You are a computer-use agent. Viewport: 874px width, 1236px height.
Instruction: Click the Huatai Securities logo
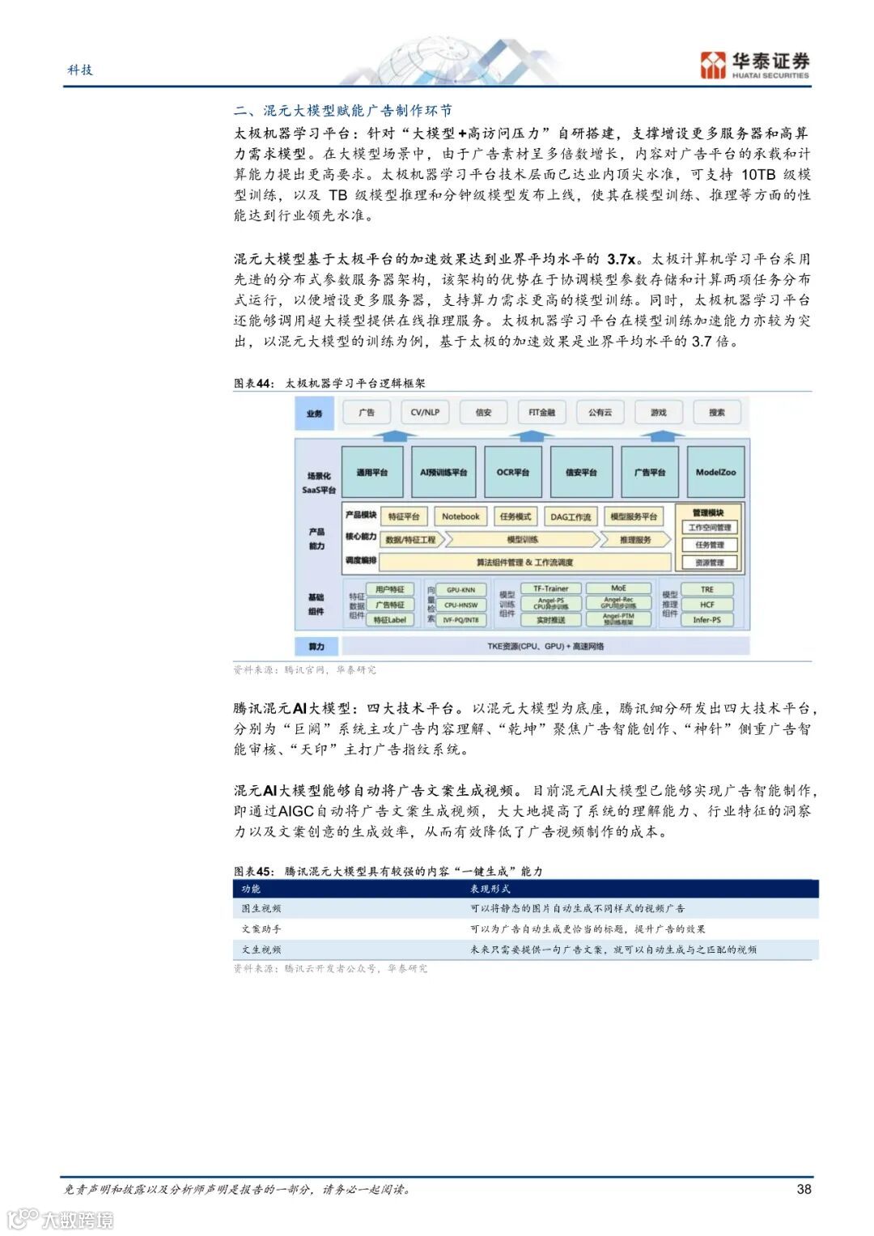tap(754, 65)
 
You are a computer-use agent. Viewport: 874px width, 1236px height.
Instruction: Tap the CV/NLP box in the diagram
tap(425, 413)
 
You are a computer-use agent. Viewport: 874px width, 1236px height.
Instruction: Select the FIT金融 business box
tap(541, 413)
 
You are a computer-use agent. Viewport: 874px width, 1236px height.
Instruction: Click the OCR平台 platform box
tap(512, 472)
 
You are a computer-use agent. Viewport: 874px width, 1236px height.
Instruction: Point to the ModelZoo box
tap(715, 472)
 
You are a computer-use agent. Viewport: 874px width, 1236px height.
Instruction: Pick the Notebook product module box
tap(460, 516)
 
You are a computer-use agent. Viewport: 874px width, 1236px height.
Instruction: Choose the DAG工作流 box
tap(571, 516)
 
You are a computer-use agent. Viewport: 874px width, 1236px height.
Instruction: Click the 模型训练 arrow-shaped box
tap(522, 539)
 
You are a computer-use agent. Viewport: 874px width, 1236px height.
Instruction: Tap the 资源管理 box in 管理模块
tap(709, 563)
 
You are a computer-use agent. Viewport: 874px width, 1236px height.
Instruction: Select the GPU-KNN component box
tap(460, 590)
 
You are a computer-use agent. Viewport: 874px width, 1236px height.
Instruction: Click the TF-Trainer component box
tap(550, 589)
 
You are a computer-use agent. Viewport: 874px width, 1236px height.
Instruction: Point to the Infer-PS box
tap(706, 620)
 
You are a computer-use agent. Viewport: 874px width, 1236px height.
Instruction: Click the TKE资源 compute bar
tap(545, 647)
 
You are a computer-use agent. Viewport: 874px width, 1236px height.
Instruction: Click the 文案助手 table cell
tap(261, 929)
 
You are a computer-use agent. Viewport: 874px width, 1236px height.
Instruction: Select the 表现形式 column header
tap(490, 889)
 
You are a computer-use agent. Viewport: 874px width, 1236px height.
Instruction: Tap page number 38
tap(804, 1189)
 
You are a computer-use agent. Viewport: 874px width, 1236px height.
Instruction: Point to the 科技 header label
tap(80, 70)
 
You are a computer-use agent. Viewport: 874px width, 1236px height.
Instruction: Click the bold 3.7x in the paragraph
tap(622, 259)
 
